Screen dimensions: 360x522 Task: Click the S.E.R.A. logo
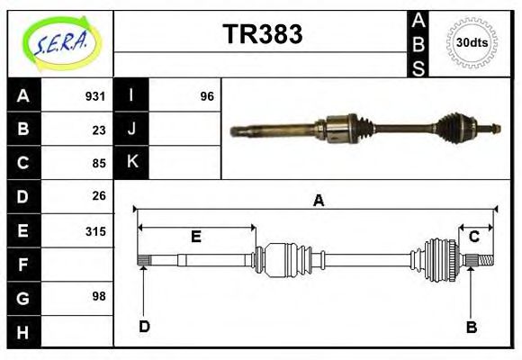[x=60, y=43]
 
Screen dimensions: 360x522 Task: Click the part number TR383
[x=262, y=34]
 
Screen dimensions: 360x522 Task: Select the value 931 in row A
[x=94, y=96]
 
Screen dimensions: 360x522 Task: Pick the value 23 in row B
[x=98, y=130]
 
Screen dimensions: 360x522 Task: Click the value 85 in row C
[x=98, y=164]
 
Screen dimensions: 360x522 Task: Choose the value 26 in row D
[x=98, y=195]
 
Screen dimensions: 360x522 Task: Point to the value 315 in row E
[x=94, y=231]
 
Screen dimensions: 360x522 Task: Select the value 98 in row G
[x=98, y=296]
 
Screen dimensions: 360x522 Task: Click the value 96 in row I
[x=206, y=96]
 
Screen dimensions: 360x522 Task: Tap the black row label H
[x=23, y=332]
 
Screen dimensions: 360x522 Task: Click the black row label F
[x=23, y=265]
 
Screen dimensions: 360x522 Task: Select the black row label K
[x=132, y=163]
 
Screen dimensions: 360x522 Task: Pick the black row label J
[x=132, y=130]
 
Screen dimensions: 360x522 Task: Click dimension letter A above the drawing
[x=318, y=202]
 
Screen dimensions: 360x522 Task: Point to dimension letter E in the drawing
[x=195, y=237]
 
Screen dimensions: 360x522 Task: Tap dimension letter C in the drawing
[x=473, y=237]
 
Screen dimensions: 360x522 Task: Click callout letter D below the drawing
[x=143, y=326]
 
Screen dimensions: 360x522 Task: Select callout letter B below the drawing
[x=471, y=327]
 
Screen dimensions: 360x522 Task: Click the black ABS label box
[x=418, y=43]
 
